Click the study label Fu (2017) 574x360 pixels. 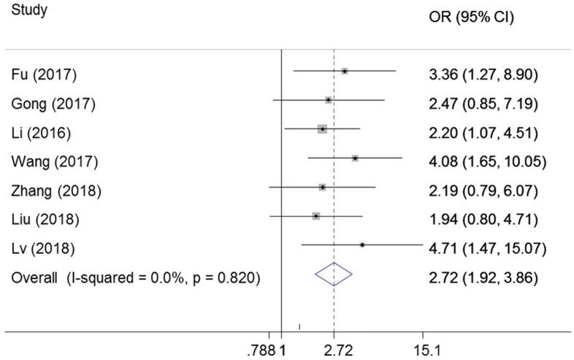[x=44, y=74]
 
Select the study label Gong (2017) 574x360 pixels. [x=53, y=104]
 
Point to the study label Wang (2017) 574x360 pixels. [x=54, y=161]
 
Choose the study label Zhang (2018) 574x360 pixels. [x=56, y=191]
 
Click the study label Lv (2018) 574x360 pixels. [x=42, y=249]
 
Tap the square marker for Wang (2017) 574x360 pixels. [x=355, y=158]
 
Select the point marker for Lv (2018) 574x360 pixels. [x=362, y=245]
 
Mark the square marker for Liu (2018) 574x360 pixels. [x=316, y=216]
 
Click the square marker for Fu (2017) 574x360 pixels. [x=345, y=71]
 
